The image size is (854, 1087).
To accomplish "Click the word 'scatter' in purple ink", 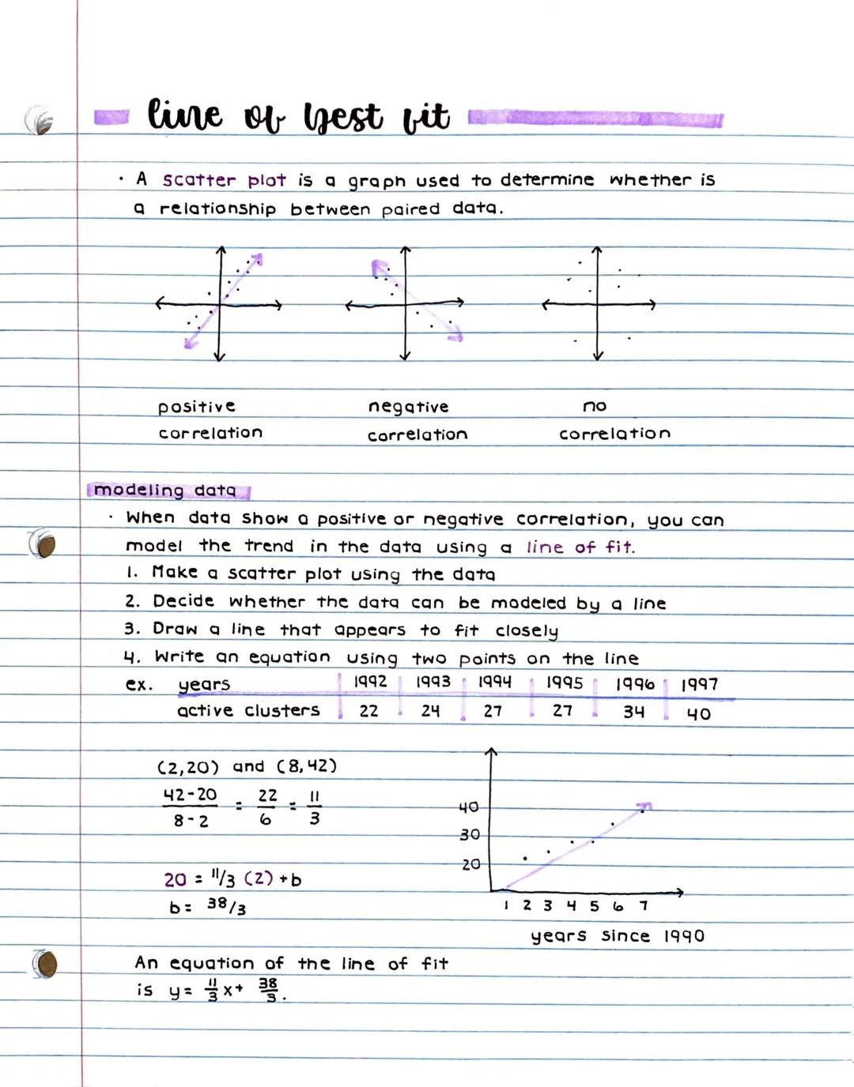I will click(198, 180).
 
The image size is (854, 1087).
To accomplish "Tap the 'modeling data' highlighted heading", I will click(165, 491).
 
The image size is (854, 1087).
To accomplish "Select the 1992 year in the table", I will click(370, 682).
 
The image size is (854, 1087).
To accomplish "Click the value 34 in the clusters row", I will click(633, 712).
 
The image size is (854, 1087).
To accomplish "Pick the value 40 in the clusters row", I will click(698, 714).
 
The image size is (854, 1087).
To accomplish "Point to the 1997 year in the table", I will click(699, 684).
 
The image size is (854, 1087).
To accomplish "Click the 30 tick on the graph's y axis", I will click(470, 835).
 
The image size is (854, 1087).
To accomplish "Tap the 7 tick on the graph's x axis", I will click(644, 905).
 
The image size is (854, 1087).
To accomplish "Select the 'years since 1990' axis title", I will click(617, 936).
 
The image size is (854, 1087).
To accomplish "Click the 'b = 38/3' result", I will click(208, 906).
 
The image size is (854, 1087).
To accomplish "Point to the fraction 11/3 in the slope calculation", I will click(314, 807).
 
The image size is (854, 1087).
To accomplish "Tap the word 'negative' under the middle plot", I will click(408, 407).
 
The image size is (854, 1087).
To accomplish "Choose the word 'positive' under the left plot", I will click(196, 407).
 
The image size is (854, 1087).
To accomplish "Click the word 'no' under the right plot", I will click(595, 406).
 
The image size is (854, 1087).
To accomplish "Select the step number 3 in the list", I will click(130, 629).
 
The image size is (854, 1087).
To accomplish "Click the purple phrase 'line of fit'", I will click(580, 547).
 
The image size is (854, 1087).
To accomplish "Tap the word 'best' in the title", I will click(342, 117).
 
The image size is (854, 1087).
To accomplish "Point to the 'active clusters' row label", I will click(248, 711).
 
